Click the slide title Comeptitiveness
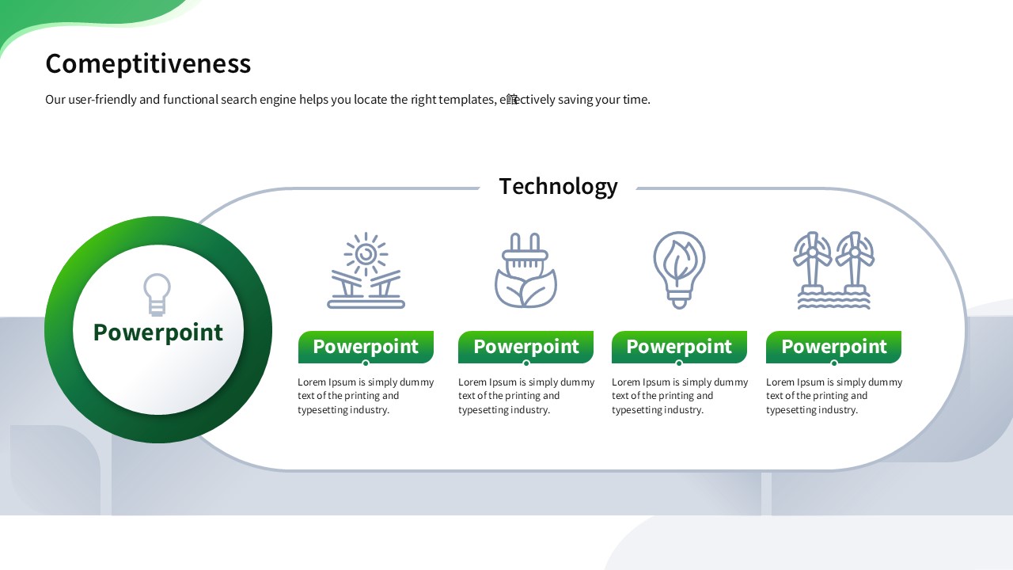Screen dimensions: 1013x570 [148, 64]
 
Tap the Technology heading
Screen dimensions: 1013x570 [558, 186]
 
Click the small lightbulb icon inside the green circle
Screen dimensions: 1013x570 [157, 294]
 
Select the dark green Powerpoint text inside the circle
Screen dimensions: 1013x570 [157, 333]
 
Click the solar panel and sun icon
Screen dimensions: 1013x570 [366, 271]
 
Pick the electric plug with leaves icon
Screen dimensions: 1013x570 [525, 271]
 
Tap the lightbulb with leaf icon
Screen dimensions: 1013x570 [679, 271]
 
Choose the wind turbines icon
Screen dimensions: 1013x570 [833, 271]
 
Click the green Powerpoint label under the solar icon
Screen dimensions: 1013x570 [366, 347]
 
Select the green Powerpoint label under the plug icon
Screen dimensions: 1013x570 [526, 347]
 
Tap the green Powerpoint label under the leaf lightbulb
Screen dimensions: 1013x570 [679, 347]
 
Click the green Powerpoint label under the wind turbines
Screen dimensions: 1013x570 [833, 347]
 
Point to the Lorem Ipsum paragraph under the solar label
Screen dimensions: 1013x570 [366, 396]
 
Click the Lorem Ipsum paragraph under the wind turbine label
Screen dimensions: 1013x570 [834, 396]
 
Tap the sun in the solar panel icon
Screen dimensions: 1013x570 [366, 254]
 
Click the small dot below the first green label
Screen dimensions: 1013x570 [366, 363]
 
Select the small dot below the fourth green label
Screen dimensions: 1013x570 [834, 363]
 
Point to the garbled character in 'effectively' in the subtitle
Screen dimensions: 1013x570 [511, 100]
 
